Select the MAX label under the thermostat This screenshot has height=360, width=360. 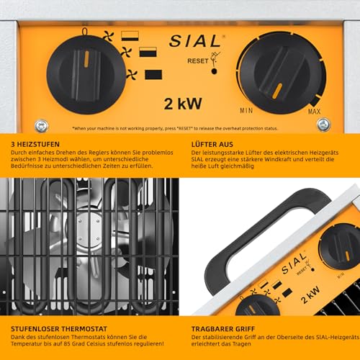314,111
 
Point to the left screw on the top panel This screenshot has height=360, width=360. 41,125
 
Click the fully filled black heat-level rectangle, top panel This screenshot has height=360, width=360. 153,73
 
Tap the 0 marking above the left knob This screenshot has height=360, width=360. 86,32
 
